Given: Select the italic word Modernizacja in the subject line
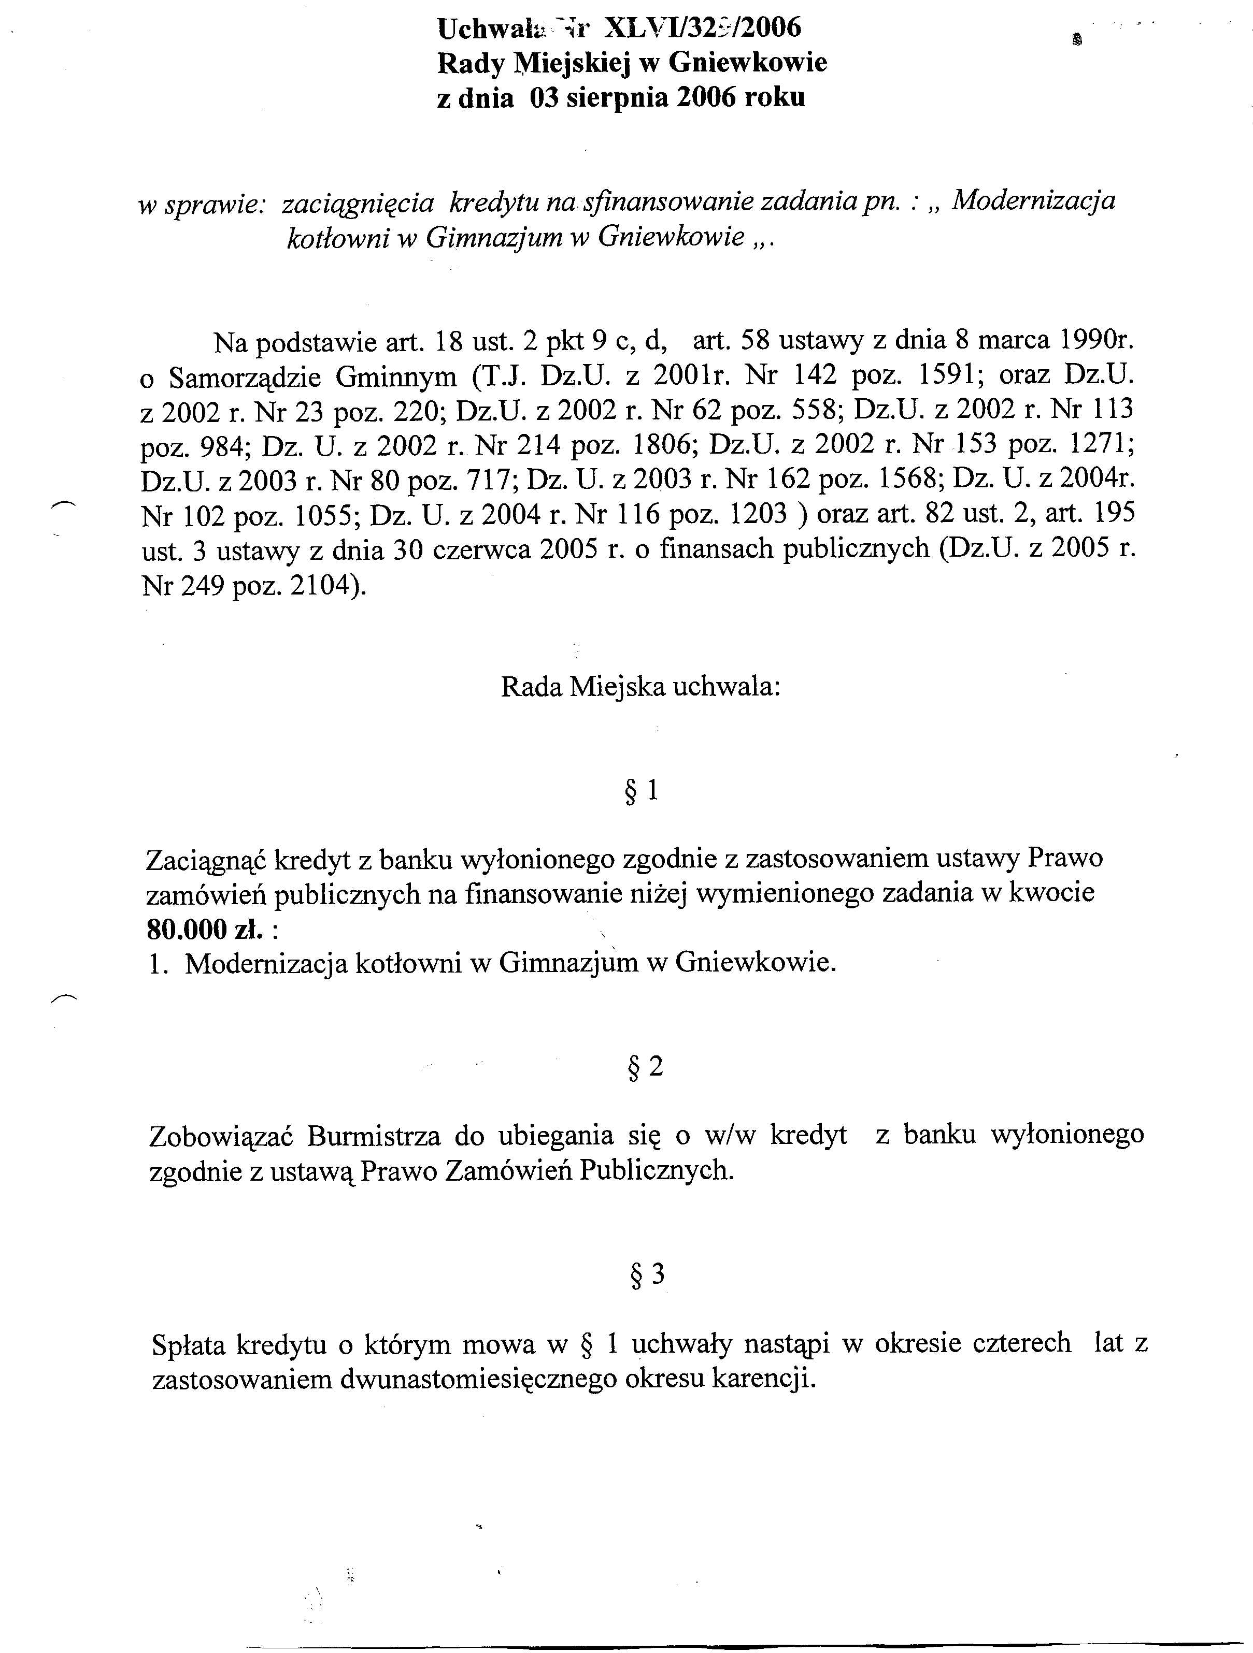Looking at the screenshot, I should pos(1035,200).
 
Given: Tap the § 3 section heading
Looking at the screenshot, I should pos(647,1275).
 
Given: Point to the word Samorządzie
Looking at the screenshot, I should pos(245,378).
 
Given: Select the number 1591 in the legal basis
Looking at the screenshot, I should pos(946,374).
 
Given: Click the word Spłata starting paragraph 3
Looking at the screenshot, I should pos(189,1344).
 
